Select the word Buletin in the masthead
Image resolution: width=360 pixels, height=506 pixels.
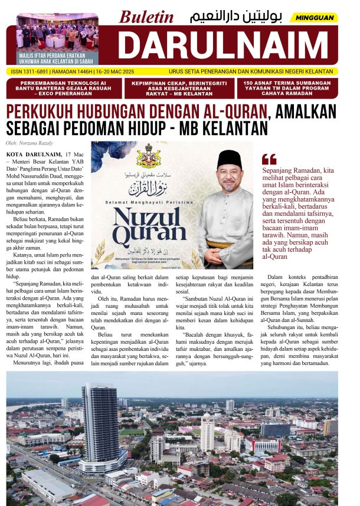(x=146, y=17)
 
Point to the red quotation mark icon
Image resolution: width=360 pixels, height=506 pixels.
(x=269, y=159)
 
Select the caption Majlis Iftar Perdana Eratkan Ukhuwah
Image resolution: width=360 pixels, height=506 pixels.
(x=58, y=56)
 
